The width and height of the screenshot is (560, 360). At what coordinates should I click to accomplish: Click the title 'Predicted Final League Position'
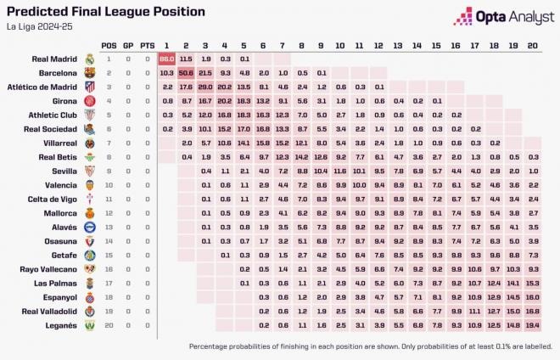105,12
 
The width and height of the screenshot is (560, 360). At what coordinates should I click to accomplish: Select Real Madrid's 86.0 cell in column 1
166,59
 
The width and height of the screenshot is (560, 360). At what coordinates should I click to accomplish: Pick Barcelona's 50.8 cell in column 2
186,73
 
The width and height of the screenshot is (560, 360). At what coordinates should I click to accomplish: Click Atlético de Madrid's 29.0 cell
205,87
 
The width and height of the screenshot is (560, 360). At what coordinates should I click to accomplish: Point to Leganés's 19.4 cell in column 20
532,325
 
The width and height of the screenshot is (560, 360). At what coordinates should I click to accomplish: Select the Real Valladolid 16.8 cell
532,311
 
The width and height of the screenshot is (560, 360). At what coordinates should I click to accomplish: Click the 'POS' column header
109,45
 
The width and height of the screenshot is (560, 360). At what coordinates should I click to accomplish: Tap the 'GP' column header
128,45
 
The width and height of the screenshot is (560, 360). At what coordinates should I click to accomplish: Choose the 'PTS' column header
147,45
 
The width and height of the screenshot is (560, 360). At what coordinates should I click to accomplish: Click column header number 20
532,45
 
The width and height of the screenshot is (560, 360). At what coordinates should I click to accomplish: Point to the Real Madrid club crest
89,59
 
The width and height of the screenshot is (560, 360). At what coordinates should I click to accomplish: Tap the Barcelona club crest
89,73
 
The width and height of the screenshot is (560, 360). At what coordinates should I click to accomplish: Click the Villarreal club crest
89,143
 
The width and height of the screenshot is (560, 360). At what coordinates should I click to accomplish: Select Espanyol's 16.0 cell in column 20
532,297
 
